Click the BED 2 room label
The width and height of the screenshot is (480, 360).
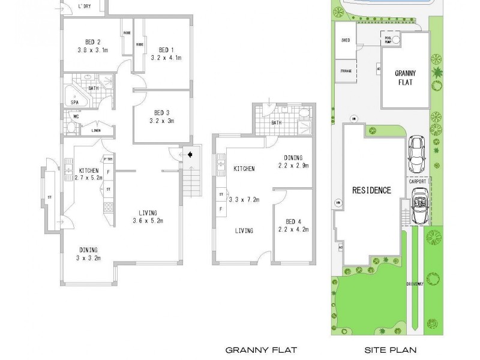click(92, 42)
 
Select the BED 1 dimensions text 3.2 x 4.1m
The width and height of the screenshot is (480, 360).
click(166, 58)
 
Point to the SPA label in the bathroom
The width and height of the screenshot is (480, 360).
click(74, 103)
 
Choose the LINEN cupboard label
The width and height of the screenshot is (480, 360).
click(95, 130)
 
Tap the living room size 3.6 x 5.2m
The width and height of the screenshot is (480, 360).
click(148, 221)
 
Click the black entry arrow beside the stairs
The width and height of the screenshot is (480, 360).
click(190, 154)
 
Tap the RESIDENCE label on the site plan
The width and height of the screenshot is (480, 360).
click(371, 190)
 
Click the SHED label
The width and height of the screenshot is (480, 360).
click(346, 41)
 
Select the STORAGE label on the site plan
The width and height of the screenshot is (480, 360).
click(346, 70)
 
